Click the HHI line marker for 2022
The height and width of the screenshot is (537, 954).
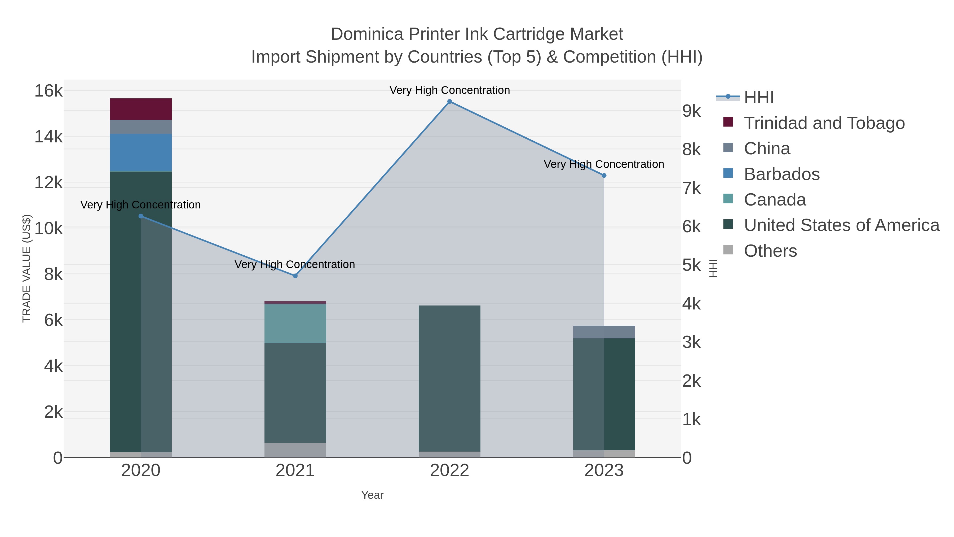coord(450,102)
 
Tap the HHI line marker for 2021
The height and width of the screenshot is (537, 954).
coord(295,276)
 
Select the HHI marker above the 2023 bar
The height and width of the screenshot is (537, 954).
coord(604,176)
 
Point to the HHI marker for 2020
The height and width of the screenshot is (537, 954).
coord(141,216)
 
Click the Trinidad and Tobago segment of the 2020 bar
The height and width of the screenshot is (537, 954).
coord(141,109)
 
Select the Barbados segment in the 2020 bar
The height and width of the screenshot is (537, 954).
coord(141,152)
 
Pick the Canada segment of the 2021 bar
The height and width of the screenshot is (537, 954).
coord(295,323)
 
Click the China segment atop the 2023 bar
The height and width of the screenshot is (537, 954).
coord(604,332)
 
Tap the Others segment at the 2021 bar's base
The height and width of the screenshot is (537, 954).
coord(295,450)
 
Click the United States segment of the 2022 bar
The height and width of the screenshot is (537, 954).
coord(450,378)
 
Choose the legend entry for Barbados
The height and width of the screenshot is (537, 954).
coord(781,174)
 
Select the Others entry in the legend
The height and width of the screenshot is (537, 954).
coord(770,251)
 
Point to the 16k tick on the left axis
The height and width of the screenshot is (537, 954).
coord(48,91)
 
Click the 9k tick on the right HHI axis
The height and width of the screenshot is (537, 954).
coord(691,111)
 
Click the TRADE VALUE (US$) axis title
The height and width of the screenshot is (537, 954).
coord(27,268)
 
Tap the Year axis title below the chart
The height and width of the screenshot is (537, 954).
coord(372,495)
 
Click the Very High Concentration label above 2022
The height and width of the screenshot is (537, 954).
coord(450,90)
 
